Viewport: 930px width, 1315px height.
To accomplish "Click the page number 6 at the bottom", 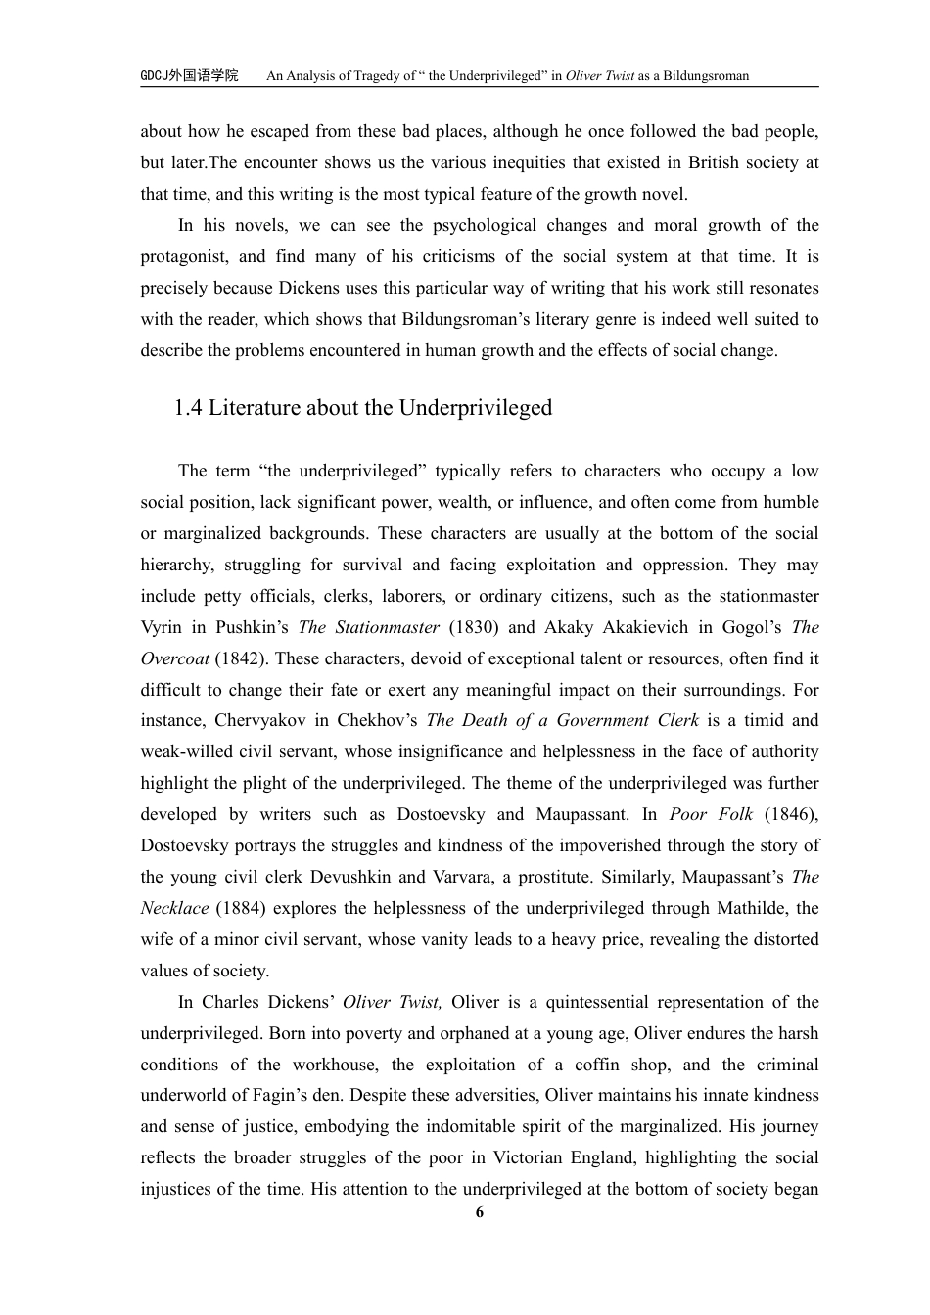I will (x=479, y=1213).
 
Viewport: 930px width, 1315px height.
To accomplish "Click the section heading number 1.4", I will (x=188, y=408).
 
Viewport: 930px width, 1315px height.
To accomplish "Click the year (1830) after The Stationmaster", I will (x=474, y=627).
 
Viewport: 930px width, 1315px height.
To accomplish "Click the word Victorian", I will (x=543, y=1157).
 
